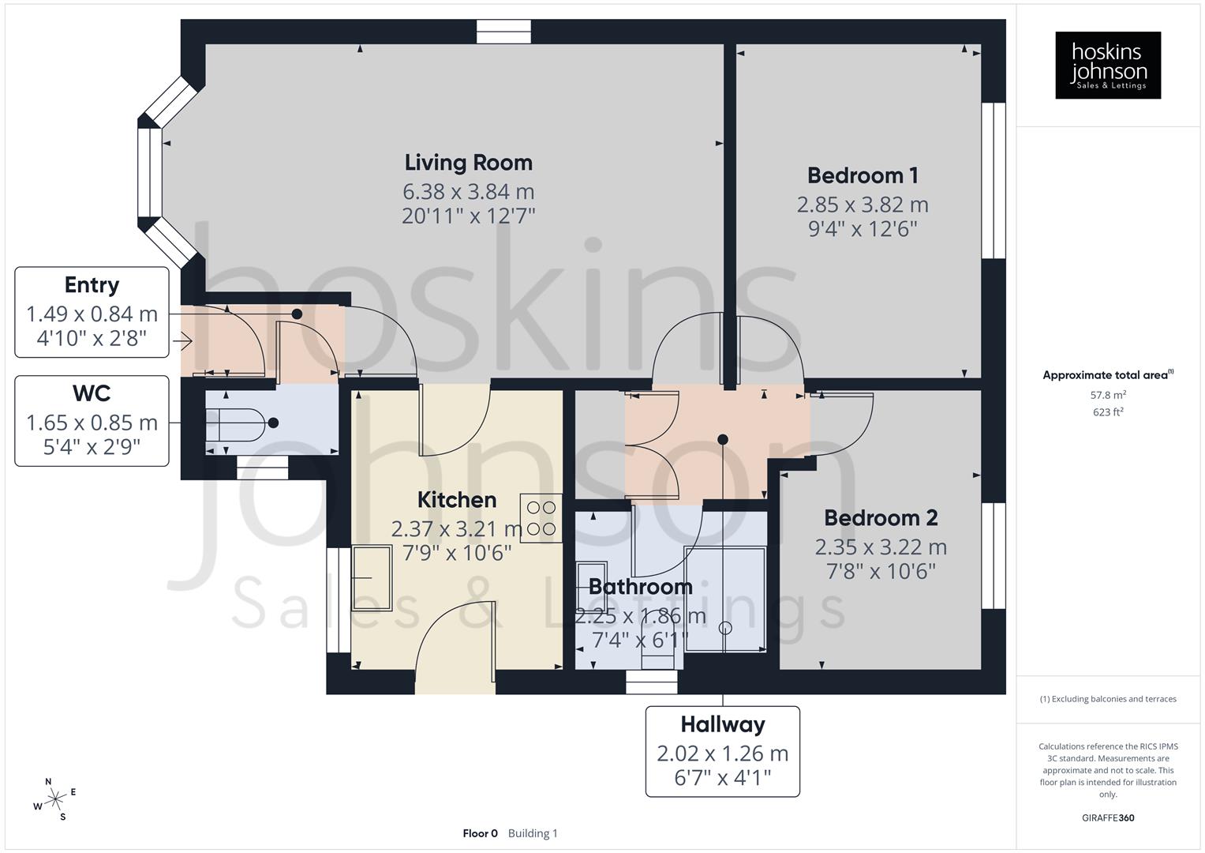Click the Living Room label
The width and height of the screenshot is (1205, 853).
pos(468,163)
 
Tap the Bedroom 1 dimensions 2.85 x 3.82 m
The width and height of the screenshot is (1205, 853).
pos(862,205)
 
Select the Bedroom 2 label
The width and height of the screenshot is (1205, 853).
pos(880,518)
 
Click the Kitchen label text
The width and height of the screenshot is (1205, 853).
pos(456,500)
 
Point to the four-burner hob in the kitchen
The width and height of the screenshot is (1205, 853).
pos(541,518)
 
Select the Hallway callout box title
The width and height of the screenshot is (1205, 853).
pos(722,724)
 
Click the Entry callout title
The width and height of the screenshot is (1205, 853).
pos(92,285)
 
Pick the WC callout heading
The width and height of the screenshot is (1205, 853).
pos(92,393)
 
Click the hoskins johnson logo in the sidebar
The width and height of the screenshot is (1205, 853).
pos(1107,66)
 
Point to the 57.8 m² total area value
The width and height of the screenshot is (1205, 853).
pos(1107,395)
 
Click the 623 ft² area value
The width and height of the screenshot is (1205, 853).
pos(1107,412)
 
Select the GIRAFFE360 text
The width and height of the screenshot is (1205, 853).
pos(1107,818)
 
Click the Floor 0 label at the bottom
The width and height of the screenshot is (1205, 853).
pos(480,833)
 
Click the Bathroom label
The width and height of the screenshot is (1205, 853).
pos(640,587)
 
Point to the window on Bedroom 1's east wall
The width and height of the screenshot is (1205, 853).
pos(994,181)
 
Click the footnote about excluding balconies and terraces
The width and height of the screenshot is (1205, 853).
pos(1107,699)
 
